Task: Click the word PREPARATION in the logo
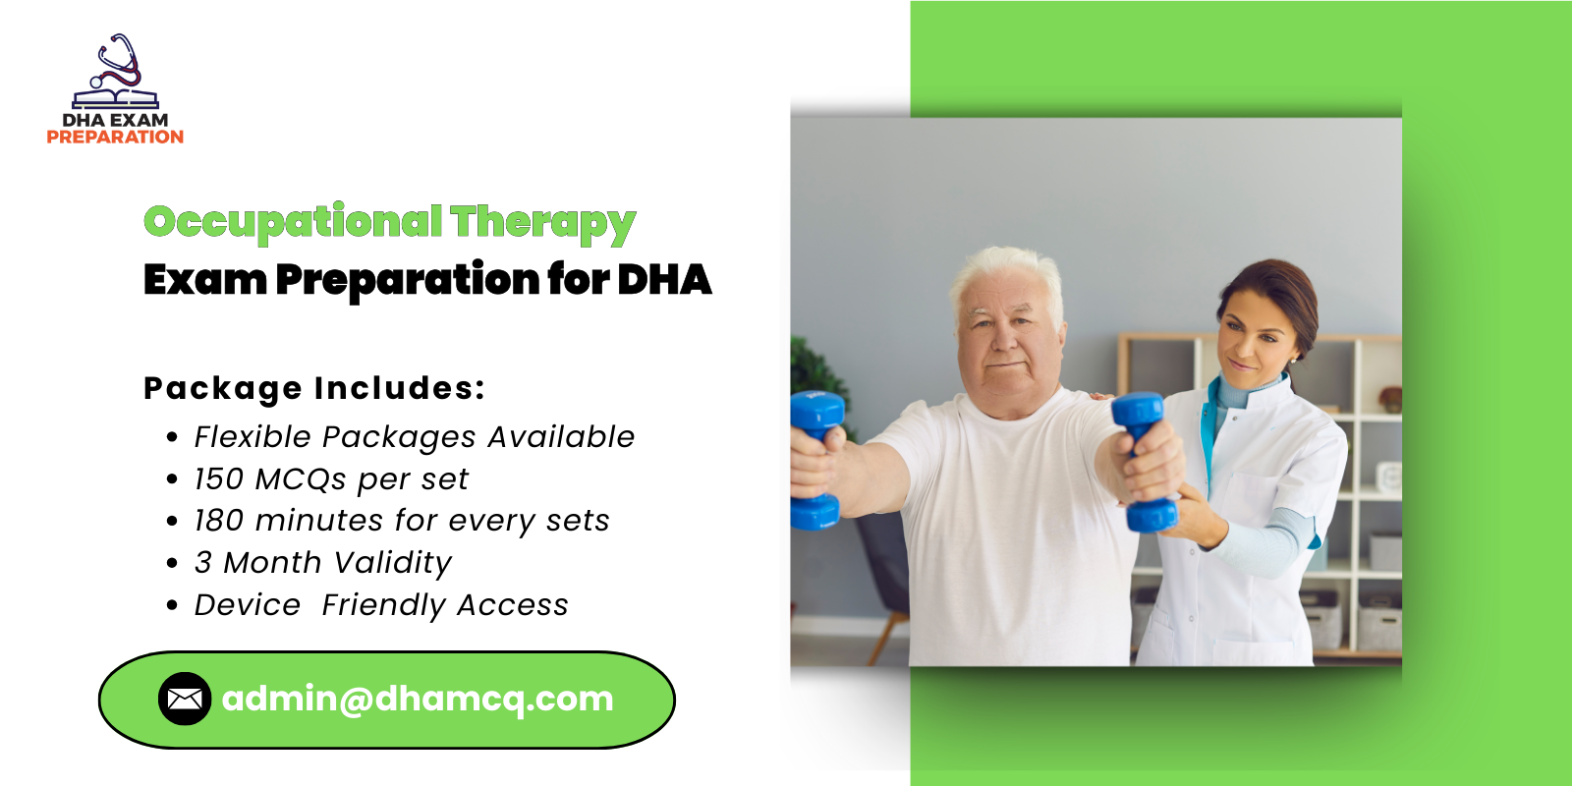coord(115,138)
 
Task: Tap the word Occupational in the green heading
coord(293,222)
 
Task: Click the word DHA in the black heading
coord(664,280)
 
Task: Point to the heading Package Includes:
coord(314,388)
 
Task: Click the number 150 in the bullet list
coord(218,479)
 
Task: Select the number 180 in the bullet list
coord(218,521)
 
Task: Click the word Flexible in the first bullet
coord(252,437)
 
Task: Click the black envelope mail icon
coord(185,699)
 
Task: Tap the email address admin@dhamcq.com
coord(418,699)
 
